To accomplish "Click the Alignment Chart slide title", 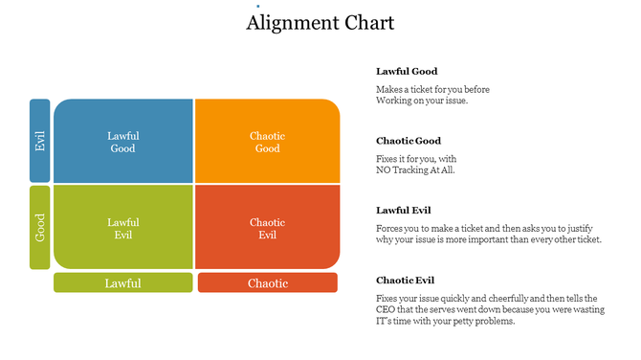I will tap(320, 23).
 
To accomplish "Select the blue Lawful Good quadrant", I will tap(123, 142).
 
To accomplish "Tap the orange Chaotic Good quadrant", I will tap(267, 142).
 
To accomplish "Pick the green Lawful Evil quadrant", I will tap(123, 228).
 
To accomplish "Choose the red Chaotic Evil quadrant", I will tap(267, 228).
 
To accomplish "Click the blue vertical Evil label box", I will tap(39, 141).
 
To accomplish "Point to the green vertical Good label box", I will tap(39, 228).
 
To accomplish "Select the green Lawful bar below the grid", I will tap(122, 282).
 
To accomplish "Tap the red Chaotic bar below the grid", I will tap(267, 282).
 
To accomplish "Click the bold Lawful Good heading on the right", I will tap(407, 71).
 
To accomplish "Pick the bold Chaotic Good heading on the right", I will tap(409, 141).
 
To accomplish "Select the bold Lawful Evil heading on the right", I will tap(406, 210).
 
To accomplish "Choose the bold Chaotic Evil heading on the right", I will tap(406, 280).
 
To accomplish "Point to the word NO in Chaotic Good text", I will tap(384, 170).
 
